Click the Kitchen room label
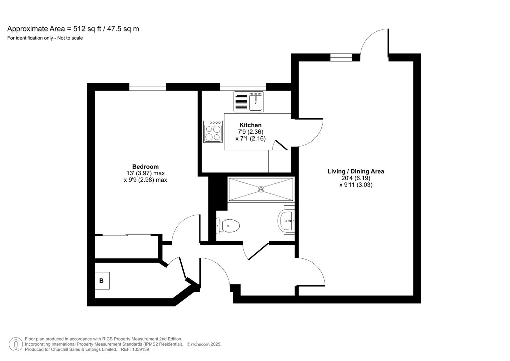[x=250, y=125]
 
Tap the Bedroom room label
[x=145, y=167]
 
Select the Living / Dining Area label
[x=356, y=171]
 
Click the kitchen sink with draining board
[x=249, y=102]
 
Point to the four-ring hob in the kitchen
[x=213, y=132]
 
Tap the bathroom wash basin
[x=286, y=221]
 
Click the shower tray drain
[x=261, y=189]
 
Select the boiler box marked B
[x=102, y=281]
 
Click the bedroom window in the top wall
[x=148, y=87]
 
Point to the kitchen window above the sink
[x=243, y=87]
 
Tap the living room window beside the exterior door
[x=341, y=57]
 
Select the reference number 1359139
[x=140, y=349]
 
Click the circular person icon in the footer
[x=16, y=344]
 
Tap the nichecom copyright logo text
[x=200, y=344]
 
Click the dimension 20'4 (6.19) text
[x=356, y=178]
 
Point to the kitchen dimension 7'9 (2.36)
[x=250, y=132]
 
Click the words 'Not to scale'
[x=70, y=38]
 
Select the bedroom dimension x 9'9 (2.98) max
[x=145, y=180]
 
